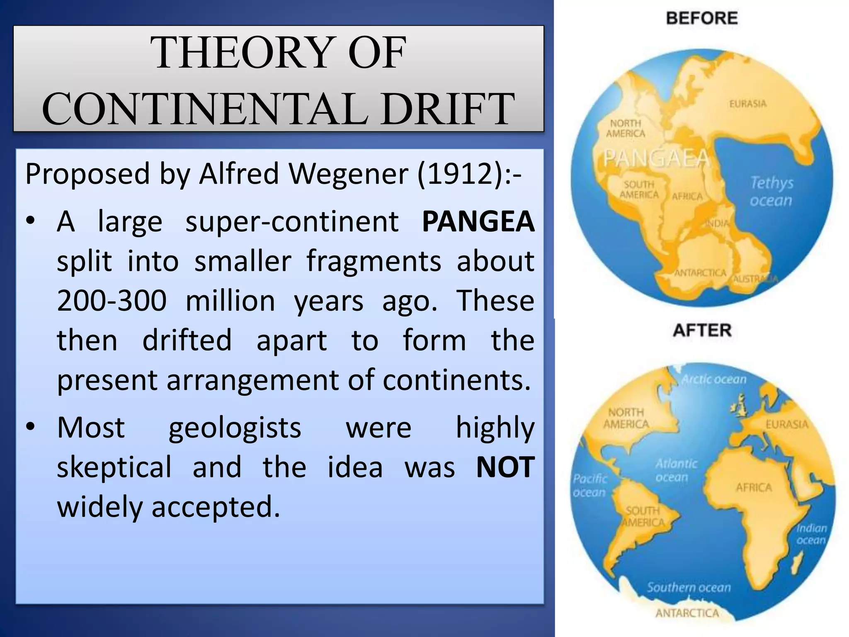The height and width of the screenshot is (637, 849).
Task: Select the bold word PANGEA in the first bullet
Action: coord(478,221)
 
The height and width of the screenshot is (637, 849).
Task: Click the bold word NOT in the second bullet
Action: coord(505,467)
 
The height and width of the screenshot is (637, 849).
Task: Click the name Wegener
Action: coord(348,173)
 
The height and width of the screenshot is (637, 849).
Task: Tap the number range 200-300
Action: coord(112,301)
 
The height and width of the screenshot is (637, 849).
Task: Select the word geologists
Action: coord(235,428)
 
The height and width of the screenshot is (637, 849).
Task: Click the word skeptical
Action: coord(114,467)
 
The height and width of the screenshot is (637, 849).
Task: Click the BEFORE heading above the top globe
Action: coord(702,18)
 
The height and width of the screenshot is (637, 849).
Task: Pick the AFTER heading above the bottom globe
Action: coord(702,331)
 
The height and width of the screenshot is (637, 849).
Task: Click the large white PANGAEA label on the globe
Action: coord(656,158)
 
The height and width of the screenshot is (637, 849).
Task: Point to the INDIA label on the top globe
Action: coord(717,224)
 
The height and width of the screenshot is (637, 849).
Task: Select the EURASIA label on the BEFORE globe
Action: coord(748,104)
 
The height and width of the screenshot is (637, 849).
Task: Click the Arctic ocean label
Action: coord(714,379)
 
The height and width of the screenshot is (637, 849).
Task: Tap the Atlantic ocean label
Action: coord(676,470)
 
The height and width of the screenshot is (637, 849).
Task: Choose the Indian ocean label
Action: coord(811,534)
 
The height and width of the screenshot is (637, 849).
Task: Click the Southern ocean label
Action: coord(689,587)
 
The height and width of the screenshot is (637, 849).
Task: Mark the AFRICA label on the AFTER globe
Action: coord(754,488)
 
